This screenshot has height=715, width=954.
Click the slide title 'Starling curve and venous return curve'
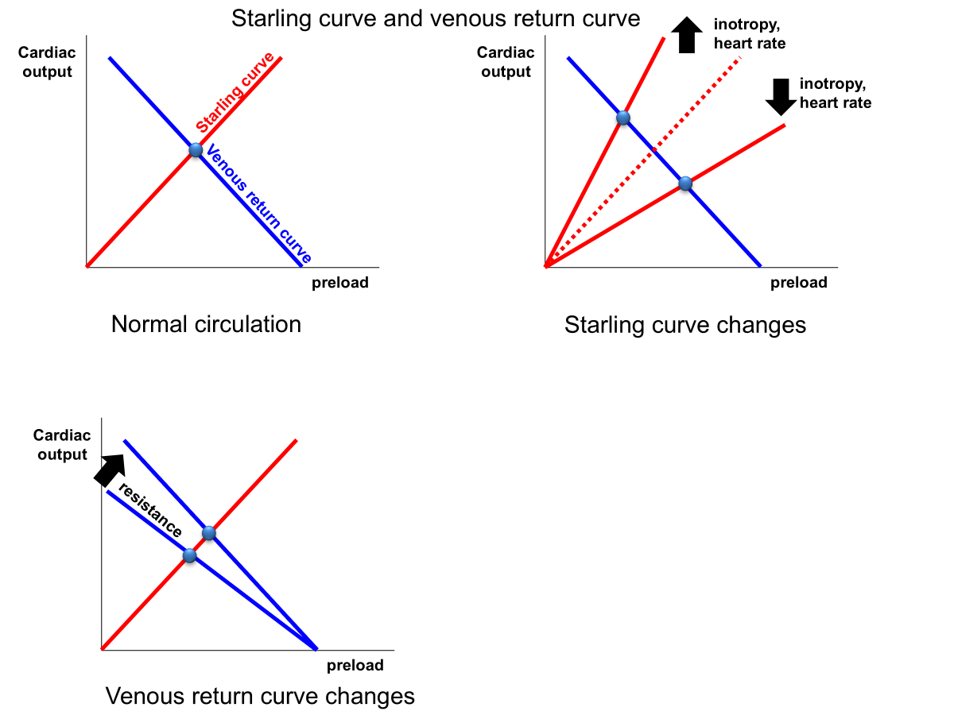[436, 18]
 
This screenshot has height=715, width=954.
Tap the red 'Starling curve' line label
[235, 93]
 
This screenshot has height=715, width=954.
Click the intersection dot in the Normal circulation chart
[196, 149]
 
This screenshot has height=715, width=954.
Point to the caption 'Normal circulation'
[206, 324]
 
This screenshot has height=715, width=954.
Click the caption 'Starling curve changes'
[684, 325]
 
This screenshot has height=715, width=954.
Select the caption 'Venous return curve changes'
[260, 696]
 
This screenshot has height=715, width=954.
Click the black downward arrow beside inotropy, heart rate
[780, 95]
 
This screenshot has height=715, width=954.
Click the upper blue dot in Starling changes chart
[623, 118]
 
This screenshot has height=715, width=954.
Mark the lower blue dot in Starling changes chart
[685, 184]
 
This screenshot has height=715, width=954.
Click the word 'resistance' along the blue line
[150, 509]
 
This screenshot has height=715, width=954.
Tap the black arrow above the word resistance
[110, 469]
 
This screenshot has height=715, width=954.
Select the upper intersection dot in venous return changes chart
[208, 532]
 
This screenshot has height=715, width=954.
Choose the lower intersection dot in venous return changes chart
[189, 555]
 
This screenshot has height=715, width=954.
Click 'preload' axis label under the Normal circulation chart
[339, 282]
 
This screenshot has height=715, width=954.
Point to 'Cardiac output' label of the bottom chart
[62, 445]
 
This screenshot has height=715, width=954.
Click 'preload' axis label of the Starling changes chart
[798, 282]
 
